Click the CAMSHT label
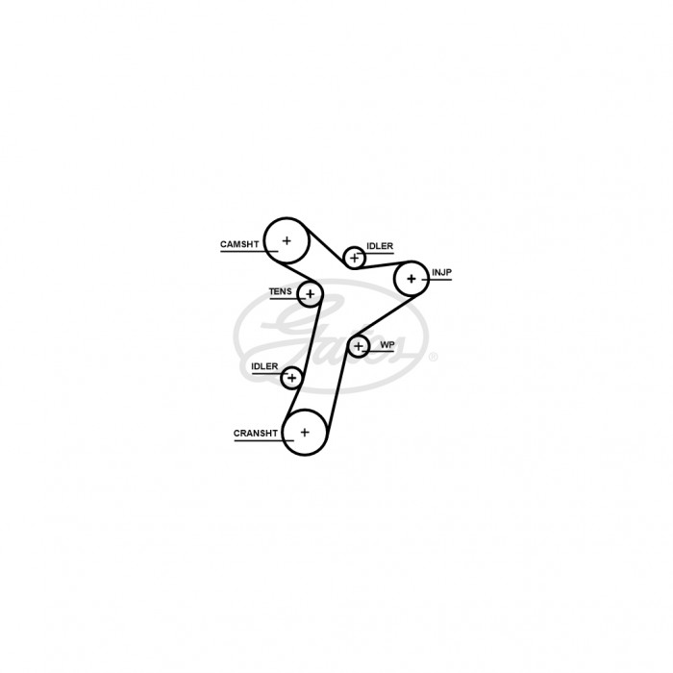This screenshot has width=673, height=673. pyautogui.click(x=239, y=244)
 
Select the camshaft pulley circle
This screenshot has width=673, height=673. pyautogui.click(x=287, y=218)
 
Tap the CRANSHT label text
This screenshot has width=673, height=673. pyautogui.click(x=256, y=433)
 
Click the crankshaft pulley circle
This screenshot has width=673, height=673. pyautogui.click(x=305, y=410)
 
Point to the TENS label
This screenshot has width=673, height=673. pyautogui.click(x=281, y=291)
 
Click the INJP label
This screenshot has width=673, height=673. pyautogui.click(x=441, y=272)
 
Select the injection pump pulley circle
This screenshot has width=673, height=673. pyautogui.click(x=411, y=262)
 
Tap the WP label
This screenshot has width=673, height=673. pyautogui.click(x=387, y=344)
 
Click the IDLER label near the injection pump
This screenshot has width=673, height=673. pyautogui.click(x=380, y=246)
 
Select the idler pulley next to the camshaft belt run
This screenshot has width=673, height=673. pyautogui.click(x=354, y=247)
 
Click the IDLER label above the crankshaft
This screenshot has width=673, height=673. pyautogui.click(x=264, y=366)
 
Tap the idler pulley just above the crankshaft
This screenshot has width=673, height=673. pyautogui.click(x=292, y=367)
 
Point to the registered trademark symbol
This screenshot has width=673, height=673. pyautogui.click(x=434, y=357)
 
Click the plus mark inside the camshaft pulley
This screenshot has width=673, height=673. pyautogui.click(x=287, y=240)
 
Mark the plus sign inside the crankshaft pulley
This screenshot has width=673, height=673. pyautogui.click(x=305, y=433)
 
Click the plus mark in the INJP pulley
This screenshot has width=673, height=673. pyautogui.click(x=411, y=279)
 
